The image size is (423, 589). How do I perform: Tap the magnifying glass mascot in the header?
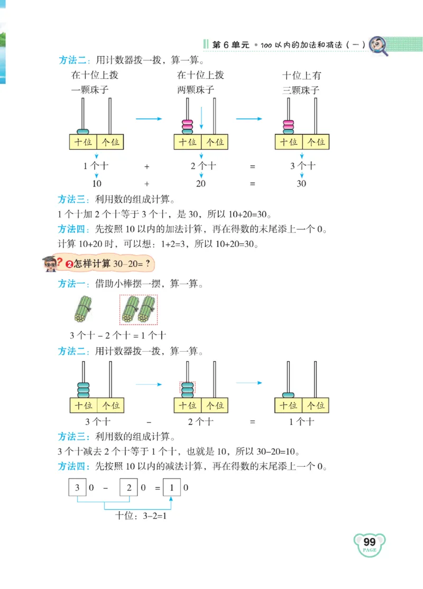coord(377,44)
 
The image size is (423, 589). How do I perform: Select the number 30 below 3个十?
coord(301,184)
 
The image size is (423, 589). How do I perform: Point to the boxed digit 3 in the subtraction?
coord(78,487)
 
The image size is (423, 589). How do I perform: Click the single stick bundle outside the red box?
coord(82,309)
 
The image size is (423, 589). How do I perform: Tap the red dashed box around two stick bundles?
coord(138,309)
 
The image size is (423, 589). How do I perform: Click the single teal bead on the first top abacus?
coord(83,131)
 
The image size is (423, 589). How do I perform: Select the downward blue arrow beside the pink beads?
coord(201,118)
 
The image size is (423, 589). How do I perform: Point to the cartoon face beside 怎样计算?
coord(51,263)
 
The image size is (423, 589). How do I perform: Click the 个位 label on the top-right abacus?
coord(315,142)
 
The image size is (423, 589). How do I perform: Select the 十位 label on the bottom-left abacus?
coord(84,406)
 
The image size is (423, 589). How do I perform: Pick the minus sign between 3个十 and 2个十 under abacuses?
coord(149,422)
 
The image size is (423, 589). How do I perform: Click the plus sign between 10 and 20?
coord(146,184)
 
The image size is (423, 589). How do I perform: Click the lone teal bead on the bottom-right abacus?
coord(289,393)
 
